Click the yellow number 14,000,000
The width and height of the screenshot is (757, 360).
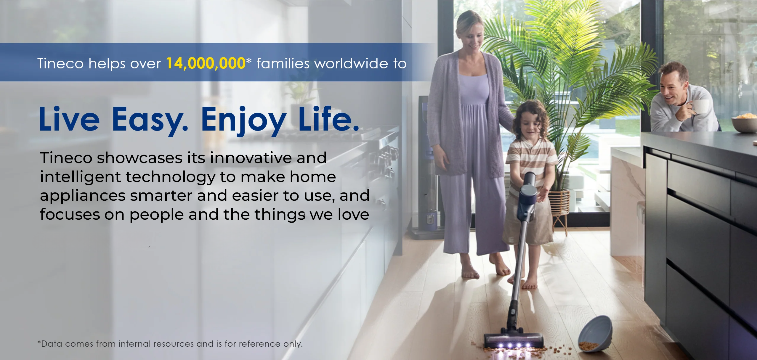(206, 63)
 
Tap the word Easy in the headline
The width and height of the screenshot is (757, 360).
(150, 120)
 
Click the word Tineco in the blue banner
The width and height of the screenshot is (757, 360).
(60, 63)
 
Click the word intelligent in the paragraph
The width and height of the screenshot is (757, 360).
(80, 177)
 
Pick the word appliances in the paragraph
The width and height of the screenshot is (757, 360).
(83, 196)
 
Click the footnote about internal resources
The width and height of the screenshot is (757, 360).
(170, 344)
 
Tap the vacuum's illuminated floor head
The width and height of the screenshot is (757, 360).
(513, 341)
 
